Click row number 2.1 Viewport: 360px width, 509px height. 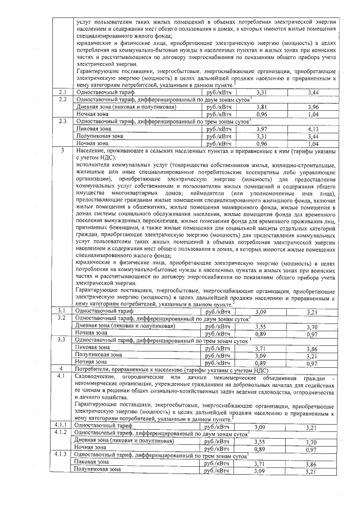click(63, 92)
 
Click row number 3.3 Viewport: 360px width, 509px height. click(63, 340)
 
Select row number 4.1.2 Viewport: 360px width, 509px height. click(61, 434)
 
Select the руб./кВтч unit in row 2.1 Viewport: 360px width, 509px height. click(219, 92)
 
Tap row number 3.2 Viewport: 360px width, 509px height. click(63, 318)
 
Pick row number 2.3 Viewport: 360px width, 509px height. click(63, 121)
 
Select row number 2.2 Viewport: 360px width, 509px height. click(63, 99)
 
